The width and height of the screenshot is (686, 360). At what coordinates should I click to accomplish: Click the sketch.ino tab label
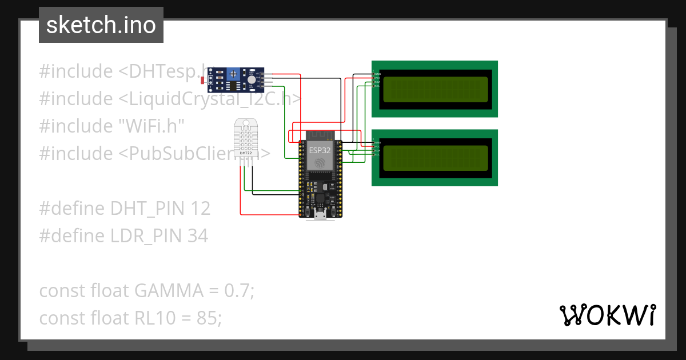[x=101, y=25]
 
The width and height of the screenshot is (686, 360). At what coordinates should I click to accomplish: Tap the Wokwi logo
[x=607, y=315]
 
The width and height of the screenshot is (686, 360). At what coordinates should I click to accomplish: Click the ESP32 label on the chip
[x=320, y=150]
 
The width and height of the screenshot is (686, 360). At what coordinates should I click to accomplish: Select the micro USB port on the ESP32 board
[x=320, y=214]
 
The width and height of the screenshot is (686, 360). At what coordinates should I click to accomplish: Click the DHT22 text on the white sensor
[x=246, y=153]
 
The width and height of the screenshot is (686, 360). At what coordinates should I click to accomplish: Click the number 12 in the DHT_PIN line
[x=201, y=209]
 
